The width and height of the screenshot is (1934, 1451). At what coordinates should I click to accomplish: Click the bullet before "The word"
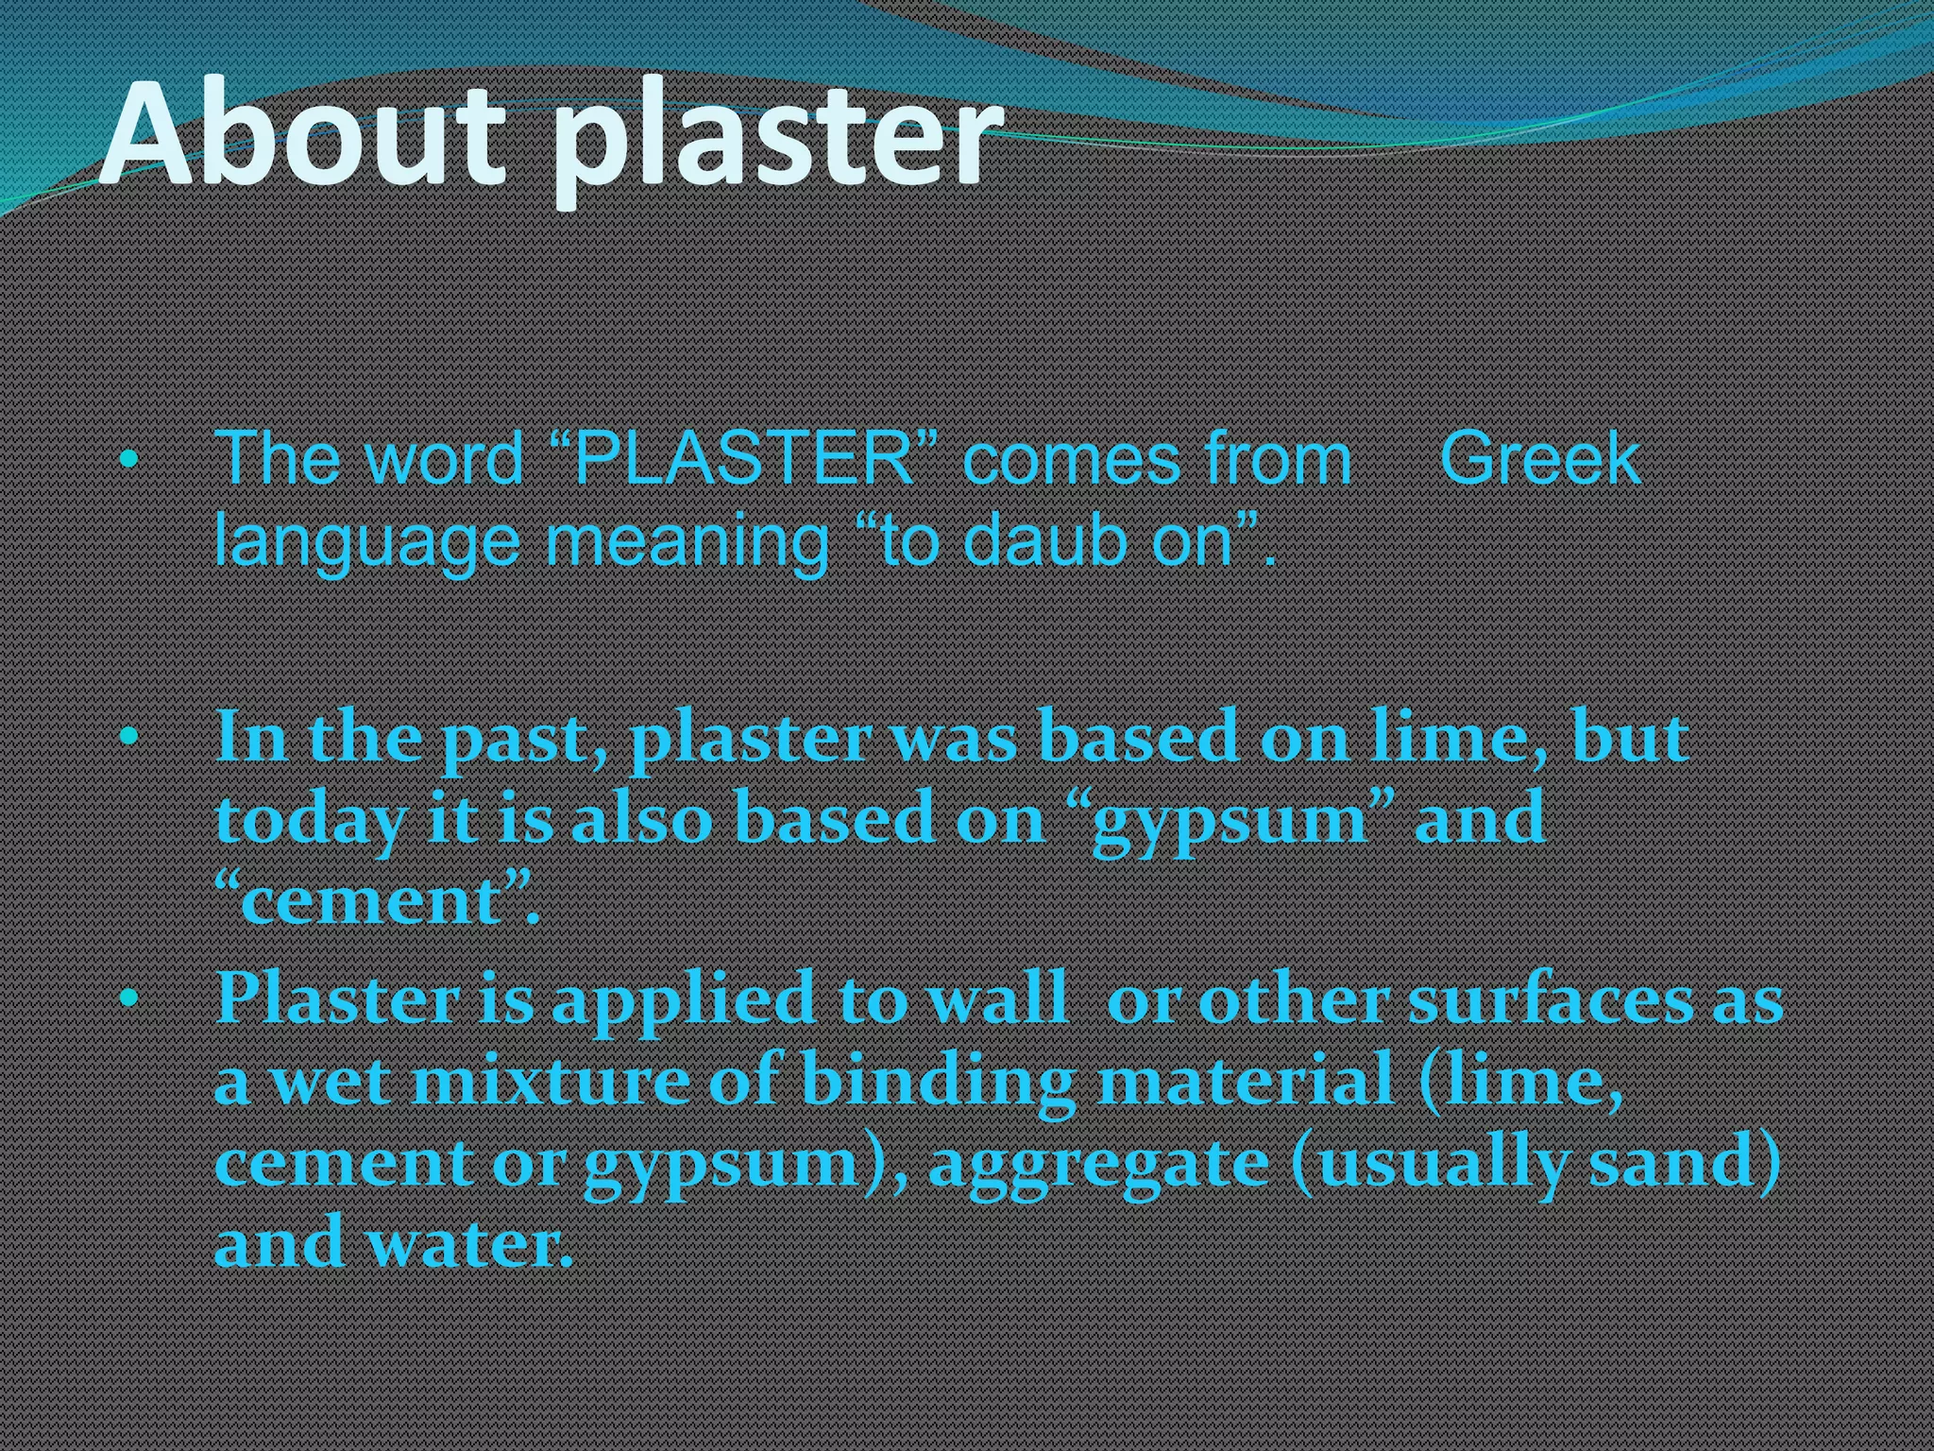point(129,461)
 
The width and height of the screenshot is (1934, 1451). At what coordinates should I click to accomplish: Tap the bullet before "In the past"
point(129,736)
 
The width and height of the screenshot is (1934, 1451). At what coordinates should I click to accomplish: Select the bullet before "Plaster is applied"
point(129,997)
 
